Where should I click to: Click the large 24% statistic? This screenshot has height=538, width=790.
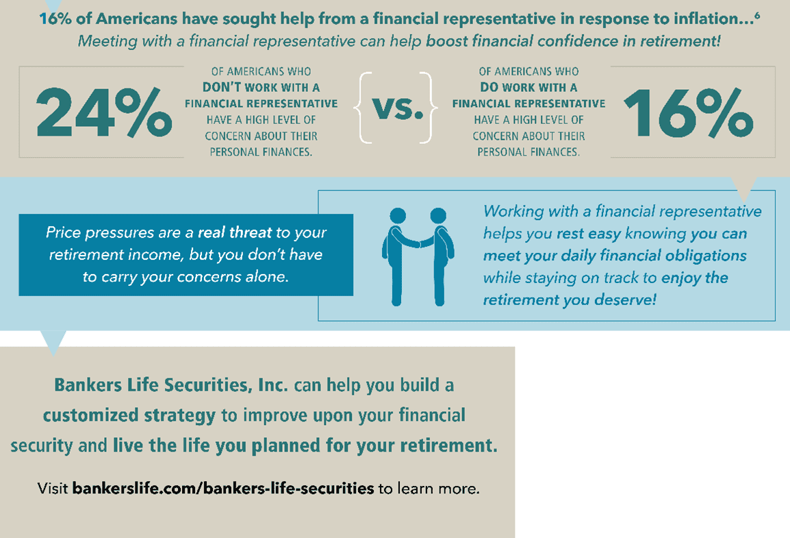click(x=104, y=112)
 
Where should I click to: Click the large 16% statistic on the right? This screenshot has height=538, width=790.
click(x=688, y=112)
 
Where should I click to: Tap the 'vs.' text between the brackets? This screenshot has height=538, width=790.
click(x=398, y=108)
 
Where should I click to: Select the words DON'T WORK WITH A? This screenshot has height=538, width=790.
click(x=261, y=87)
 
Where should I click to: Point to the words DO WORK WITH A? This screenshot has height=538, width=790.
click(x=528, y=87)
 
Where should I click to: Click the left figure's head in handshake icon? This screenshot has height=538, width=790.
click(x=398, y=216)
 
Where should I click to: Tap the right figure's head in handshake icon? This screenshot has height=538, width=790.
click(x=438, y=216)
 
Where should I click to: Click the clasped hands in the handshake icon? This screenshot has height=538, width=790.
click(x=420, y=243)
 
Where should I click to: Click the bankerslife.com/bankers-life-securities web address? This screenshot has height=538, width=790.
click(x=223, y=488)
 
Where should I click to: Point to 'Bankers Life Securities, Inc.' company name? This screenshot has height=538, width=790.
click(x=170, y=385)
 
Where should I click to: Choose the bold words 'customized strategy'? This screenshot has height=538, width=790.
click(x=129, y=415)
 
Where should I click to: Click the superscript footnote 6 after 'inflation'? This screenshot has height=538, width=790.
click(x=757, y=15)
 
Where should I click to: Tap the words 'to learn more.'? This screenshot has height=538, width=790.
click(x=429, y=489)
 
